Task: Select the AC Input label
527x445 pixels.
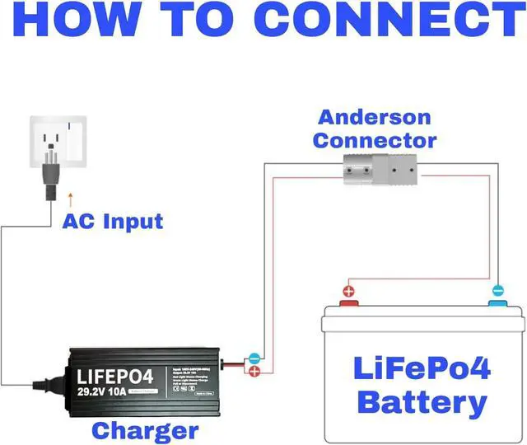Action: tap(113, 221)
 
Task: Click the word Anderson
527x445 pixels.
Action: tap(375, 117)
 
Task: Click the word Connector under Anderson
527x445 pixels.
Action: tap(375, 140)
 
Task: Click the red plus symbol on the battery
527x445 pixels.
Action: tap(349, 291)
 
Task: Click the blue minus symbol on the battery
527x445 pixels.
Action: tap(497, 291)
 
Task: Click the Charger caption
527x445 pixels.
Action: tap(145, 430)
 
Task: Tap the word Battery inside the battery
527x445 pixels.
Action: tap(423, 403)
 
